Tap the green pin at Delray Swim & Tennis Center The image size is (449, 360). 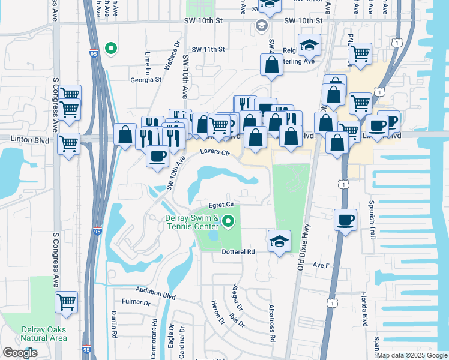point(228,222)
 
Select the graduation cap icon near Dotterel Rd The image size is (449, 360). point(279,241)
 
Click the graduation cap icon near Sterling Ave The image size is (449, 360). point(309,45)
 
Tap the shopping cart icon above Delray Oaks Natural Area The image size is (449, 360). point(67,302)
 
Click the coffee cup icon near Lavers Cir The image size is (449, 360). point(158,157)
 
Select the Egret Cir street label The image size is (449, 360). point(220,205)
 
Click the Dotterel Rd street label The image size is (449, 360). point(239,252)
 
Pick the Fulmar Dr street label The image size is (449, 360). point(136,302)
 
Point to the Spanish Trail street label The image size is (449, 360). point(372,220)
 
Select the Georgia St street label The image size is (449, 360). point(146,79)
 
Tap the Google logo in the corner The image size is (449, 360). point(20,353)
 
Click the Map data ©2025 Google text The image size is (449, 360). point(412,355)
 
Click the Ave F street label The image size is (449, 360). point(321,265)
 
